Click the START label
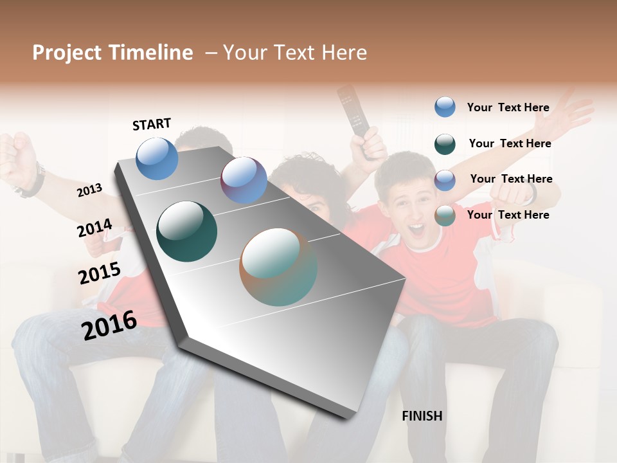point(152,124)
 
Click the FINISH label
point(422,416)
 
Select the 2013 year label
point(89,190)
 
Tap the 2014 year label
point(94,228)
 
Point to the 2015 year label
point(100,273)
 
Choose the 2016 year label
point(109,325)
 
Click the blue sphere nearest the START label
point(157,158)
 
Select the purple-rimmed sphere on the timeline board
point(244,180)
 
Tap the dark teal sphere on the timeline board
point(187,232)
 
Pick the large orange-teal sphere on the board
point(278,267)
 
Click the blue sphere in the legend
point(445,107)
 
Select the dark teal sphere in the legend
point(445,144)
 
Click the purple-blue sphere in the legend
point(445,180)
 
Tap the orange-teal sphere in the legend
point(445,216)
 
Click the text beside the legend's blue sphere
point(508,107)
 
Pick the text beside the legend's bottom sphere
point(508,215)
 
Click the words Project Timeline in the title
point(112,53)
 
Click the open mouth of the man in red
point(416,229)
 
